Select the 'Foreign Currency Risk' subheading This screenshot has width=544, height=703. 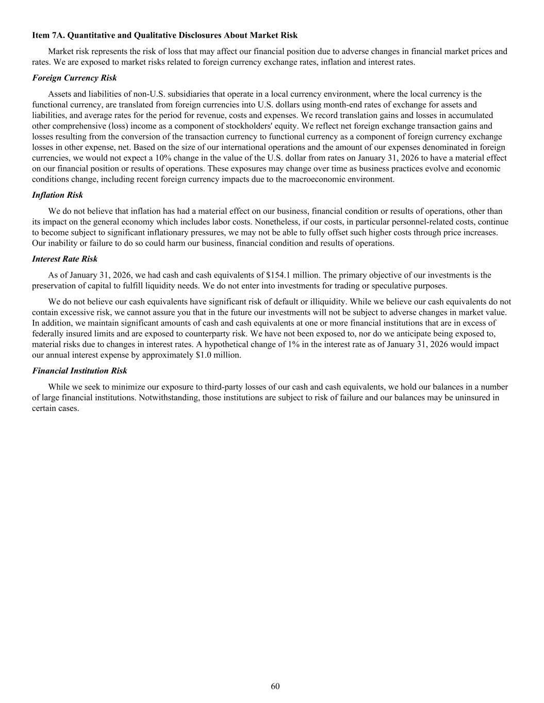point(74,78)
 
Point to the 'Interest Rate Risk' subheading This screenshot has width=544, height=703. point(64,259)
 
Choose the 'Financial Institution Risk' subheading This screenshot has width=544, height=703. point(79,371)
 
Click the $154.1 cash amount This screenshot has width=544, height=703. point(278,275)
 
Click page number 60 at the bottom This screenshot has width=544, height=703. point(275,686)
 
